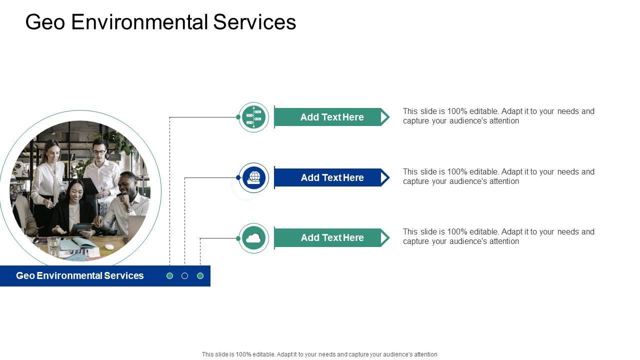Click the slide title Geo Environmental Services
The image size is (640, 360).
160,22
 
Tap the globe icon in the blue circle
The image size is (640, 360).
254,177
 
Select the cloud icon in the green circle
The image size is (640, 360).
253,238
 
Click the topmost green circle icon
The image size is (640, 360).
253,117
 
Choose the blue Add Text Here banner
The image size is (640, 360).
331,177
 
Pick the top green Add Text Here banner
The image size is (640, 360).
331,117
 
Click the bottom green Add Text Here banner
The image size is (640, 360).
331,238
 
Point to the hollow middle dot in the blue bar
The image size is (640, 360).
185,276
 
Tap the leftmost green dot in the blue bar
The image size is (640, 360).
170,276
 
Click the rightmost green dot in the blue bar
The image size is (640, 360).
200,276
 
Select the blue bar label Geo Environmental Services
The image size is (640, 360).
80,276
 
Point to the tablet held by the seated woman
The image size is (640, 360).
80,228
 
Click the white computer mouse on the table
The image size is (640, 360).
109,247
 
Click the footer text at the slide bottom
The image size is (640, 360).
319,354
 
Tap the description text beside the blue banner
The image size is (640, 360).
498,176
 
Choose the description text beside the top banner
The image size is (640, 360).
498,116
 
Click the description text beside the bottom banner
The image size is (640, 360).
498,236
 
